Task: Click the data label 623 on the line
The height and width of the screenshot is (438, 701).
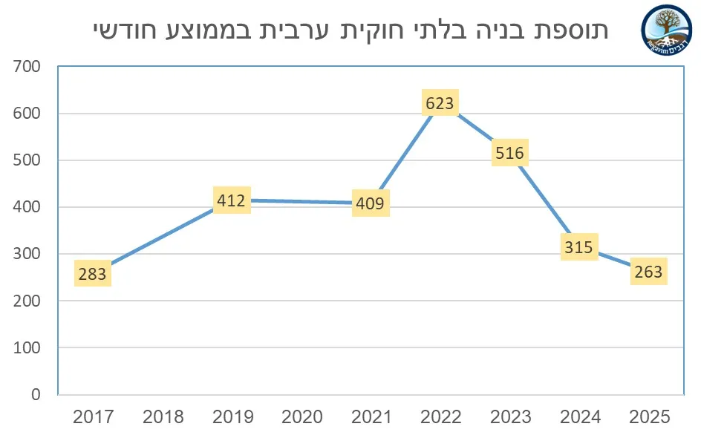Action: (440, 103)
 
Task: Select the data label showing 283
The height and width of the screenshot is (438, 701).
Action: (92, 274)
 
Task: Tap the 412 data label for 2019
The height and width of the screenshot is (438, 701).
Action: (232, 200)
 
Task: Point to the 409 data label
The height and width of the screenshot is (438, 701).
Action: (370, 203)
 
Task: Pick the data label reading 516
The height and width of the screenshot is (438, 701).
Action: (509, 153)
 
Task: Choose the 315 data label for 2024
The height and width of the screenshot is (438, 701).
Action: (578, 246)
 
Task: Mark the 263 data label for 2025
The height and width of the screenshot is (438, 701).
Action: (648, 272)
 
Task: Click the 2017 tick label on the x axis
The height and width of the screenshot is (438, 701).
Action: (94, 417)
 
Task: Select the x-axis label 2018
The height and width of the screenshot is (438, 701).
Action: (163, 417)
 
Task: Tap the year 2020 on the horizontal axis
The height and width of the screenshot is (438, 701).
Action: (301, 417)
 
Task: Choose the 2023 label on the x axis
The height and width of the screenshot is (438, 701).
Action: (510, 417)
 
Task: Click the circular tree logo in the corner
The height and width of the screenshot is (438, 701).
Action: (666, 29)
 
